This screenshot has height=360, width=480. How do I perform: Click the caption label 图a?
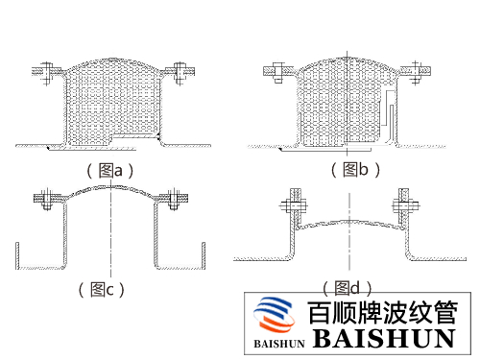point(112,170)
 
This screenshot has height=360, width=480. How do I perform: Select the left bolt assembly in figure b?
point(273,70)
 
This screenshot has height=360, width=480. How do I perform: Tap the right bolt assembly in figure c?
point(173,201)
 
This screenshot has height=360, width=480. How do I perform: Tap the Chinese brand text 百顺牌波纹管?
point(382,313)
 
